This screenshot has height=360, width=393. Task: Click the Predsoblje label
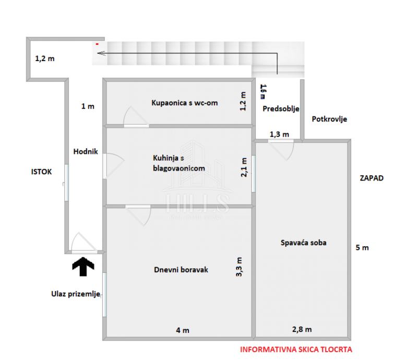pos(280,109)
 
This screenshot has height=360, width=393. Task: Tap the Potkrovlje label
pos(329,119)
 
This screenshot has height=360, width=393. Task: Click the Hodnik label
pos(85,151)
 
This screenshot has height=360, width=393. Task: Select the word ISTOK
pos(41,172)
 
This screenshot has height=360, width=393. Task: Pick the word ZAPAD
pos(371,178)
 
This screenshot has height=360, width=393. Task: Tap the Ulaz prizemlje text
pos(76,294)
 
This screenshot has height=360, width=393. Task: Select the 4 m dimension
pos(183,330)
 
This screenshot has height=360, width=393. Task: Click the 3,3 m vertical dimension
pos(240,267)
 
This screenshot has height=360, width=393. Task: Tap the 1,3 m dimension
pos(279,135)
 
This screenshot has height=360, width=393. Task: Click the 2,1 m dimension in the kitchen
pos(244,168)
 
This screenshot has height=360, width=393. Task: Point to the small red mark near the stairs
pos(97,44)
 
